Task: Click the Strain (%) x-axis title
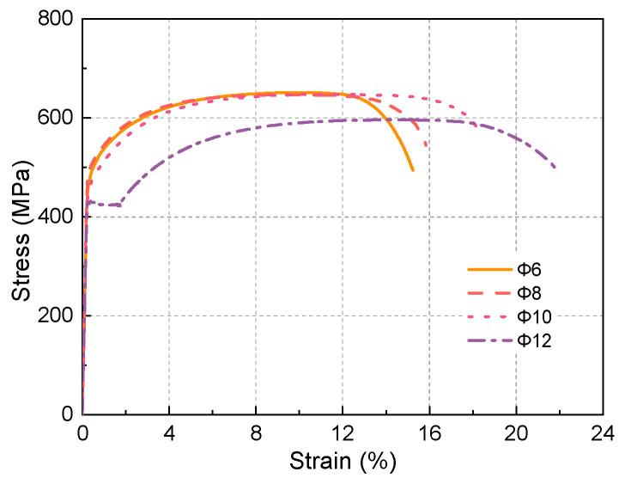[x=343, y=461]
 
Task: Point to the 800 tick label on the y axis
[x=54, y=19]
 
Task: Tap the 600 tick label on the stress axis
[x=54, y=118]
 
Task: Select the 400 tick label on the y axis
[x=54, y=217]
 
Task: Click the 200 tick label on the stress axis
[x=54, y=316]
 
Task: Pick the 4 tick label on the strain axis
[x=169, y=432]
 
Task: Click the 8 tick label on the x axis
[x=256, y=432]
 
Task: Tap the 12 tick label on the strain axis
[x=343, y=432]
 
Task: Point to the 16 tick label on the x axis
[x=429, y=432]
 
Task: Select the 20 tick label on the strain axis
[x=516, y=432]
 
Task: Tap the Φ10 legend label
[x=532, y=317]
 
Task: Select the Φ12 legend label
[x=532, y=341]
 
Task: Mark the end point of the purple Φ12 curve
[x=555, y=167]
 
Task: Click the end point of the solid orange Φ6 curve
[x=413, y=170]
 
